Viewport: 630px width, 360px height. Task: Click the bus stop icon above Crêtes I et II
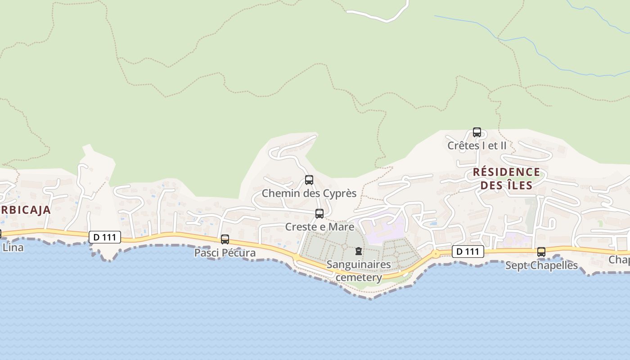[477, 133]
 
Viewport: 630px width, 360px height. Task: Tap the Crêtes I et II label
[477, 146]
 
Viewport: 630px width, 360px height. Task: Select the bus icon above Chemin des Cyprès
[309, 180]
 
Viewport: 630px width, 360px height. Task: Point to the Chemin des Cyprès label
[309, 193]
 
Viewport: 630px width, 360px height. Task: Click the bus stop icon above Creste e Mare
[319, 214]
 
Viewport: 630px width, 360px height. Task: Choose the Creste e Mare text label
[319, 226]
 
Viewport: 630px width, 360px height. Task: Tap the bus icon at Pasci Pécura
[225, 239]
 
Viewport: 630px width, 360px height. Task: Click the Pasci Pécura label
[225, 253]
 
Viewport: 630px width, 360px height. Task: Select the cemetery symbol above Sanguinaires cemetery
[359, 251]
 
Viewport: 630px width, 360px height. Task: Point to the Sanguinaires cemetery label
[359, 270]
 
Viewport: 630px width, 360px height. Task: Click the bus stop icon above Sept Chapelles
[541, 252]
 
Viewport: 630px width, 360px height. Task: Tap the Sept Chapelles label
[541, 265]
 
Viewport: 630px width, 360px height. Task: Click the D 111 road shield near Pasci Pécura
[105, 237]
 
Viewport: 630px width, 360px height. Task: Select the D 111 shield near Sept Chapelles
[468, 252]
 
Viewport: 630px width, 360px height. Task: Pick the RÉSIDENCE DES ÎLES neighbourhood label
[506, 179]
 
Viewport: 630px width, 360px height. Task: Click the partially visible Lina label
[13, 247]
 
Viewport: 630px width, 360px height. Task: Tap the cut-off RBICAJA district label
[25, 210]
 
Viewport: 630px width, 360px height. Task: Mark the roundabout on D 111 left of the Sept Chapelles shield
[436, 254]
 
